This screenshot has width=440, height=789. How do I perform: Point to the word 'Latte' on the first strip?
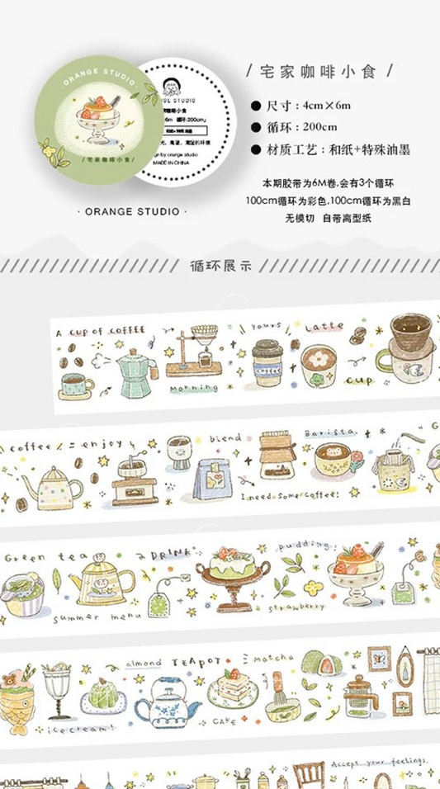point(324,328)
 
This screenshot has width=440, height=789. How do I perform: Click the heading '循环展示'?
point(219,266)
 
